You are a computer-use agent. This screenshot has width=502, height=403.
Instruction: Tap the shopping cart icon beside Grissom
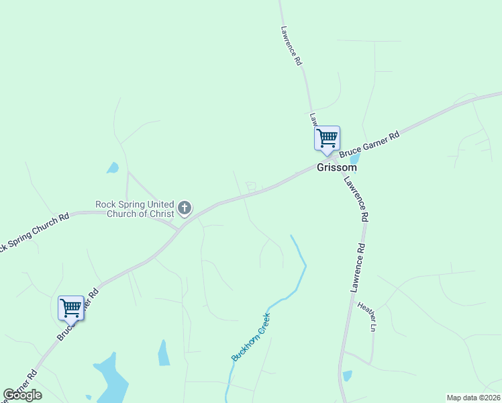coord(327,139)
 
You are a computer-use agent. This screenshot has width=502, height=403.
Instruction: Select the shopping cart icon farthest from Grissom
coord(70,308)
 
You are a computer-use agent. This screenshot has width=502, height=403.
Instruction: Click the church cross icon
coord(185,208)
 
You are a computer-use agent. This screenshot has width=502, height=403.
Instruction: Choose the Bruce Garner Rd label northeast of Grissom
coord(369,145)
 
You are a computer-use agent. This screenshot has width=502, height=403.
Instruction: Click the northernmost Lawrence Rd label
coord(291,46)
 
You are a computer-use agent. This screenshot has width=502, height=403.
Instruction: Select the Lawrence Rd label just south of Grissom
coord(356,199)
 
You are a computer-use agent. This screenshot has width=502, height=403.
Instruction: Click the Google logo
coord(22,395)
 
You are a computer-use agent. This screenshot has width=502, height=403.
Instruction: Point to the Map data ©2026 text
coord(472,398)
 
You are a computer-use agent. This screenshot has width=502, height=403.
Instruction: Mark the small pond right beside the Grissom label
coord(355,159)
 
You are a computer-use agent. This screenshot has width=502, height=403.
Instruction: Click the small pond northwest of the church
coord(113,168)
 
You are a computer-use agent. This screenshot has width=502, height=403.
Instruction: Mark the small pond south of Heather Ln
coord(346,375)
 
